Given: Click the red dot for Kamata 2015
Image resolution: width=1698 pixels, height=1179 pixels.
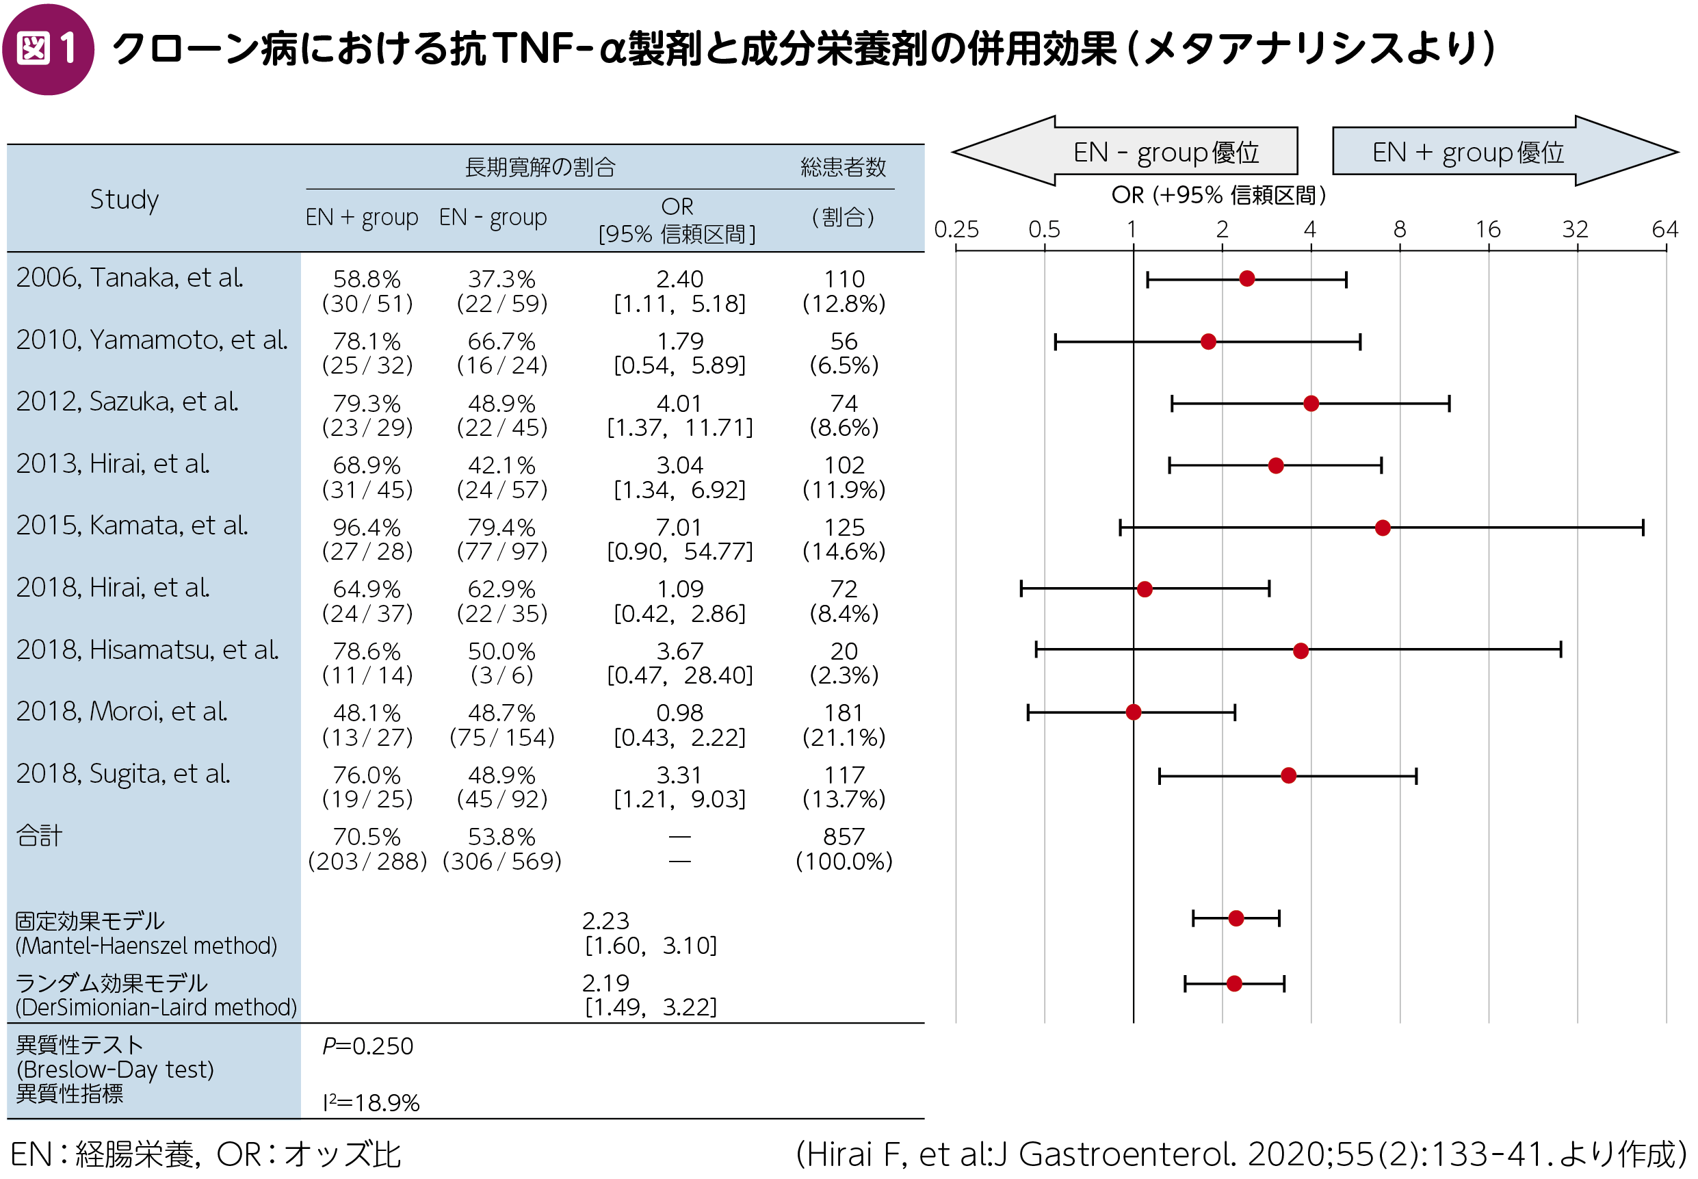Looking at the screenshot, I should (x=1382, y=528).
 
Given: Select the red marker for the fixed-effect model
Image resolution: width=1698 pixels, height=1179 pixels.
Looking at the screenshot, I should (x=1236, y=918).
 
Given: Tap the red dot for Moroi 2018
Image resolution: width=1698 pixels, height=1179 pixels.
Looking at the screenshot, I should (x=1133, y=712).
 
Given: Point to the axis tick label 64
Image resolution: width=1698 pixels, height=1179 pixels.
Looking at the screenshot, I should (x=1664, y=229).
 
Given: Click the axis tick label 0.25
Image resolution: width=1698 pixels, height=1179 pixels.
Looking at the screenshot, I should (x=956, y=229).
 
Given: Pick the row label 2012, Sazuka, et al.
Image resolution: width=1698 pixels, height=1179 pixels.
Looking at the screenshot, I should (x=127, y=401).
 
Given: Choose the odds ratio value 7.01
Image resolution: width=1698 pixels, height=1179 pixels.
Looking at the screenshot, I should (x=679, y=528).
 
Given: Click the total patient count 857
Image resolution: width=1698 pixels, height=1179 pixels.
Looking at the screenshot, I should (x=844, y=836).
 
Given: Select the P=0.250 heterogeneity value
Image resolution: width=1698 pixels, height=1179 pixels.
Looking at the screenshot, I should (x=367, y=1046).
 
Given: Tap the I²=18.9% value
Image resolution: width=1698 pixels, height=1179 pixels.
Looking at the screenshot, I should (x=371, y=1102).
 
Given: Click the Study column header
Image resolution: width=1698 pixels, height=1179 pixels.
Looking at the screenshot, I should (x=124, y=199).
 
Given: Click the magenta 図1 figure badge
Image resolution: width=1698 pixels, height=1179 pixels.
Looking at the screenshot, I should (x=48, y=49).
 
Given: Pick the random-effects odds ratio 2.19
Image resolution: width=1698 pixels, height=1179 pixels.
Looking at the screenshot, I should (x=605, y=983).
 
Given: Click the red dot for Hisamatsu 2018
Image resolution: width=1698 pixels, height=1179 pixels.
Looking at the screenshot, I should (x=1300, y=651).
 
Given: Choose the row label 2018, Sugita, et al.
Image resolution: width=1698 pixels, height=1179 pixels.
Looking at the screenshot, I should (x=123, y=773).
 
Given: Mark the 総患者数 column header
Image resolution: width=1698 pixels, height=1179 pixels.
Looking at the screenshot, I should (x=843, y=168).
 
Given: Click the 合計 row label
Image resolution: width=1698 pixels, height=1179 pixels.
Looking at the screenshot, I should (x=39, y=835).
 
